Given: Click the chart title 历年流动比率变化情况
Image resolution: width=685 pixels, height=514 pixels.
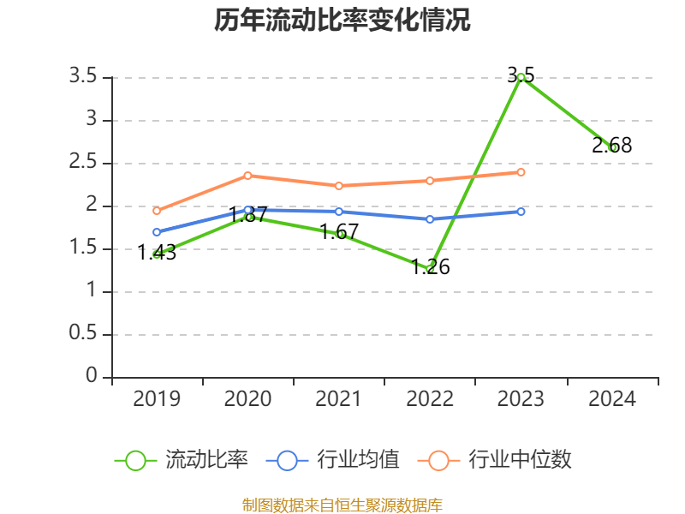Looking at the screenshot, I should tap(342, 21).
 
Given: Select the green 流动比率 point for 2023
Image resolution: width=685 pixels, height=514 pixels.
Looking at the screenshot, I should tap(521, 77).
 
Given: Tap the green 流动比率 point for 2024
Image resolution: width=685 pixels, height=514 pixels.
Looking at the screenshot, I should tap(612, 147).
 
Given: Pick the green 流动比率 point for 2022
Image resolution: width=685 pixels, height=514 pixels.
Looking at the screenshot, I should tap(430, 269).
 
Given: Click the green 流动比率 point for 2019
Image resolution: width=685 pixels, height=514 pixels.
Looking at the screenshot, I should tap(157, 254).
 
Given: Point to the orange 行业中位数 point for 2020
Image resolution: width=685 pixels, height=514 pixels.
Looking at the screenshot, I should tap(247, 176).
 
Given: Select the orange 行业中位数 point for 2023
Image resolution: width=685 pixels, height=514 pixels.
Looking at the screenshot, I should tap(521, 172).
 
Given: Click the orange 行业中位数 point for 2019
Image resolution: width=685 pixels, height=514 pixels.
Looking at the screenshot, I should tap(157, 211).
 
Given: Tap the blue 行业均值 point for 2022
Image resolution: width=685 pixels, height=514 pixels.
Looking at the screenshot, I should tap(430, 219).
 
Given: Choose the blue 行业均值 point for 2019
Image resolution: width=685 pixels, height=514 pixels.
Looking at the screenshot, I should tap(157, 232).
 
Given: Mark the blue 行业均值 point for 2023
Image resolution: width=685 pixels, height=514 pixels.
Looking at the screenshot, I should tap(521, 211).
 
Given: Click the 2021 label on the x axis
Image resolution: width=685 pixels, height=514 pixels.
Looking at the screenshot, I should tap(338, 399).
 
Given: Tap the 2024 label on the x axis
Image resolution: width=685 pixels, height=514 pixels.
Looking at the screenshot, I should tap(612, 399).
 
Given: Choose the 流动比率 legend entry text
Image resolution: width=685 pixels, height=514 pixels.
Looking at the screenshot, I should tap(206, 460).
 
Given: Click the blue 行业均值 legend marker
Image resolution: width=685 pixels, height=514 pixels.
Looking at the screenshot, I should tap(287, 460).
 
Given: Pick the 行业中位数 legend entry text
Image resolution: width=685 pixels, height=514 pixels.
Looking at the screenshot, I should tap(520, 460).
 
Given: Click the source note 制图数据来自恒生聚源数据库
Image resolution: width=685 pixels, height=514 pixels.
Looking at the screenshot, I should tap(342, 505).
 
